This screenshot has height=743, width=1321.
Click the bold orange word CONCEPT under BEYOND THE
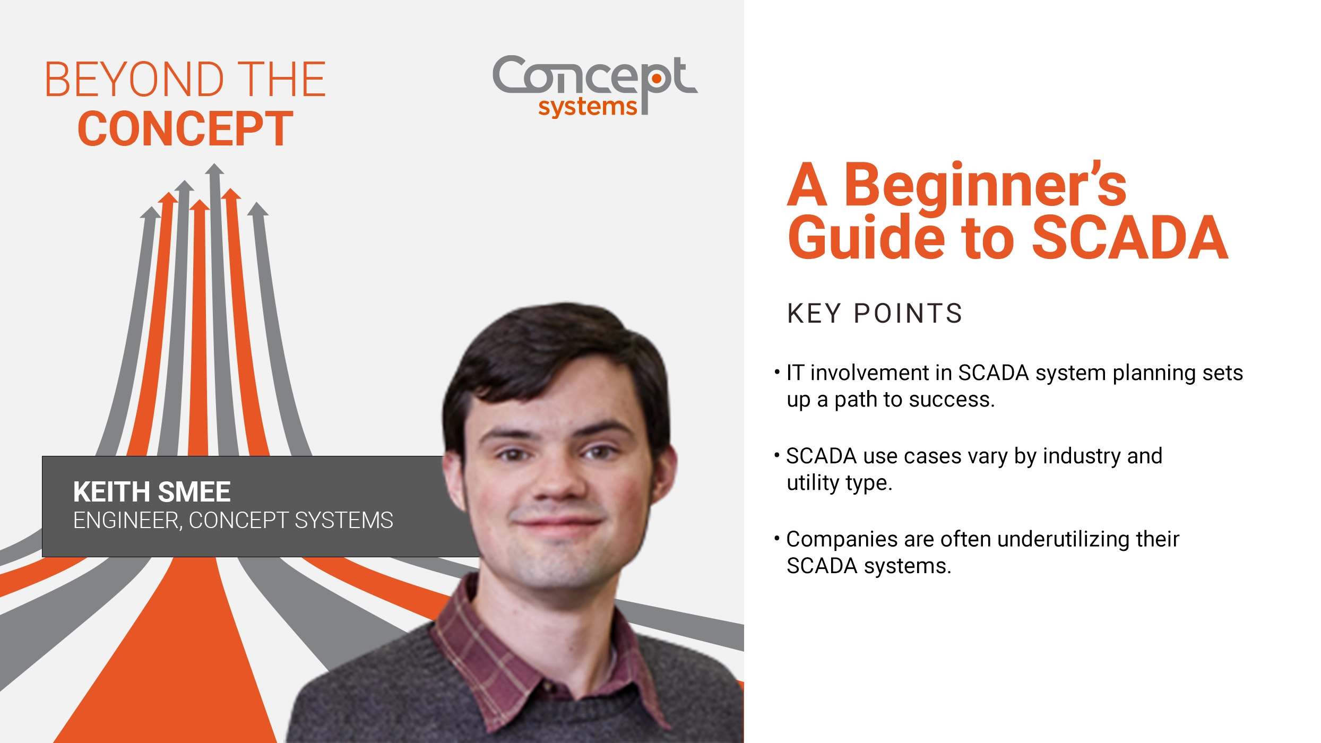pos(185,129)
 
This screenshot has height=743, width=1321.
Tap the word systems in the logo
pos(587,107)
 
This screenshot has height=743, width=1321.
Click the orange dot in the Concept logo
pos(657,79)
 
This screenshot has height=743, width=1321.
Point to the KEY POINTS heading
pos(874,313)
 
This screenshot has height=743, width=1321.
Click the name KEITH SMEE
pos(152,492)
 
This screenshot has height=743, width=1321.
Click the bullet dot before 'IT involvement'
pos(777,371)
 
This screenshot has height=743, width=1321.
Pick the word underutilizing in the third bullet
pos(1064,539)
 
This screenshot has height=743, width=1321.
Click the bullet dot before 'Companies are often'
pos(777,539)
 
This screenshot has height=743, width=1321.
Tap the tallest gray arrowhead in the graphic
pos(214,170)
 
